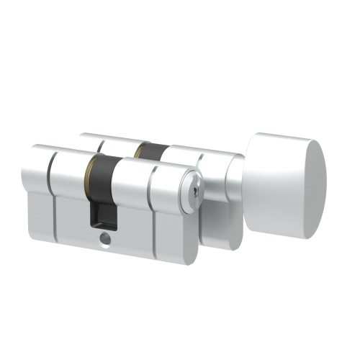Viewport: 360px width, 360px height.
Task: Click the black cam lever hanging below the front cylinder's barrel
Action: point(101,214)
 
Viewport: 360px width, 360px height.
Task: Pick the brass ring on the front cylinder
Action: point(89,173)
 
